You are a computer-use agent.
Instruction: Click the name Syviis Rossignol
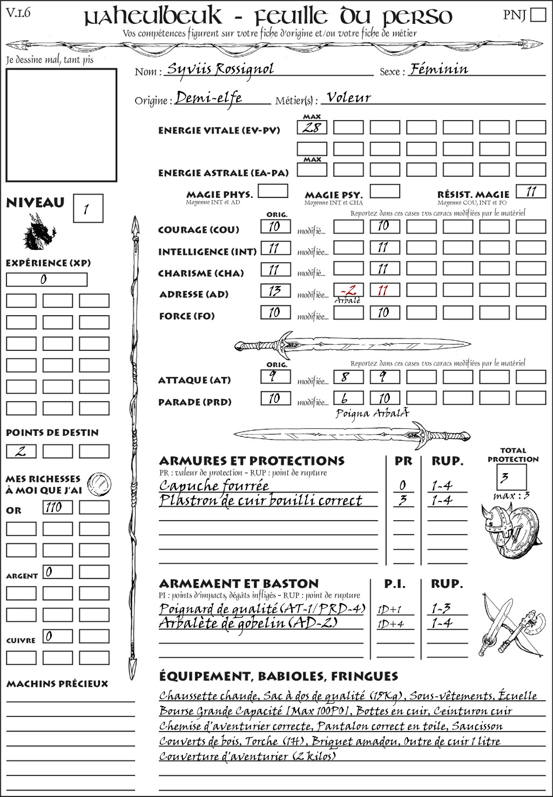220,69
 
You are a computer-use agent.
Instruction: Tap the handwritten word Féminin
439,69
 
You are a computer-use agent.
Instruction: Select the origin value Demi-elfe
208,98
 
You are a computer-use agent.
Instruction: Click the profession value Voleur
349,98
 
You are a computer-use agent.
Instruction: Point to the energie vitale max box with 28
312,128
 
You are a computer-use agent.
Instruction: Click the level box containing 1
87,209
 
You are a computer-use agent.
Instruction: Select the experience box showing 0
46,280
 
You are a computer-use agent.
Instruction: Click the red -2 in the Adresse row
348,290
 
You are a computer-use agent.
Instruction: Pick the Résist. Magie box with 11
531,191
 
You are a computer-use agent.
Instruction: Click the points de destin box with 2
21,451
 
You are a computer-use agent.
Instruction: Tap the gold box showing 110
57,507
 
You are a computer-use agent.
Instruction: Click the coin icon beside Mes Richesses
99,483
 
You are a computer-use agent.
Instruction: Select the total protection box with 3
511,477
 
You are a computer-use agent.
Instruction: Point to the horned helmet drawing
495,529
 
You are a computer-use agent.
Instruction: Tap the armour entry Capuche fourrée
214,486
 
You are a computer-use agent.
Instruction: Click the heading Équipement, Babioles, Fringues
278,676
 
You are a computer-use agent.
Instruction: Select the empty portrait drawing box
61,125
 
